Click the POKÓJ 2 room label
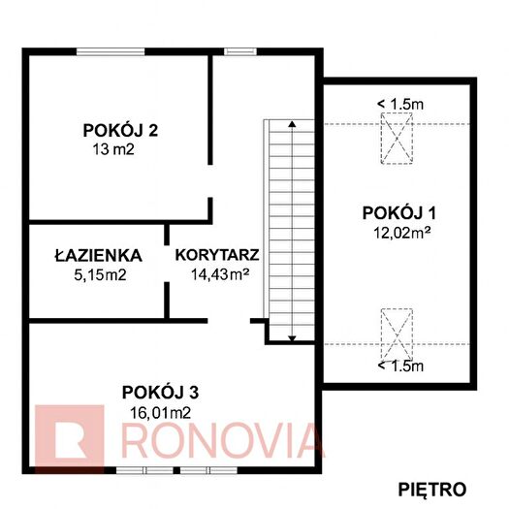pyautogui.click(x=120, y=131)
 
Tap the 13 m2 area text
pyautogui.click(x=113, y=149)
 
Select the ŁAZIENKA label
pyautogui.click(x=98, y=256)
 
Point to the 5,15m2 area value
pyautogui.click(x=100, y=275)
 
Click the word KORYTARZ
pyautogui.click(x=217, y=255)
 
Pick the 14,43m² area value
pyautogui.click(x=220, y=274)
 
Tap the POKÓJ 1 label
pyautogui.click(x=398, y=213)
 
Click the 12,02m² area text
pyautogui.click(x=402, y=233)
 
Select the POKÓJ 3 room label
pyautogui.click(x=160, y=393)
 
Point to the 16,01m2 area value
pyautogui.click(x=160, y=413)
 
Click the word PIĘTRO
pyautogui.click(x=432, y=490)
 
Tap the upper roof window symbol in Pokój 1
pyautogui.click(x=397, y=138)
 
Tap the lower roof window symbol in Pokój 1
pyautogui.click(x=397, y=334)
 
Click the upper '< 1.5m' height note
pyautogui.click(x=400, y=104)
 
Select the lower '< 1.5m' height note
pyautogui.click(x=400, y=366)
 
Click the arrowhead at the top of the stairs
pyautogui.click(x=292, y=124)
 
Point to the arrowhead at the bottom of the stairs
pyautogui.click(x=292, y=339)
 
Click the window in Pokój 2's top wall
pyautogui.click(x=111, y=51)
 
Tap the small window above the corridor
pyautogui.click(x=240, y=51)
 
